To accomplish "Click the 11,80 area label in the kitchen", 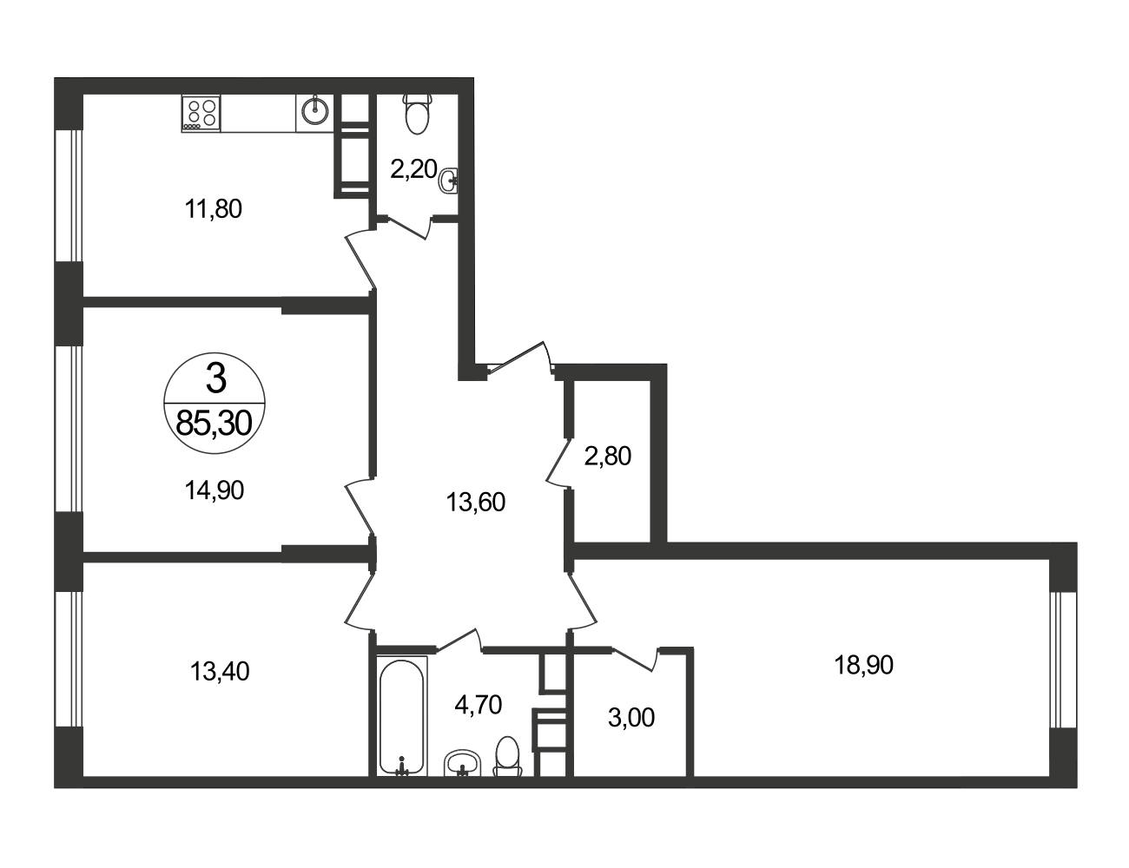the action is (213, 209).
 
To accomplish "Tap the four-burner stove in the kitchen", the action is (201, 113).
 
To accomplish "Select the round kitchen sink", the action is (315, 110).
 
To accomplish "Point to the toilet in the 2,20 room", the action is (418, 113).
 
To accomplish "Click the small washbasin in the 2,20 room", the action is (449, 181).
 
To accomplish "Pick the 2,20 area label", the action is (413, 169).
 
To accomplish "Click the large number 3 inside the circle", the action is (216, 378).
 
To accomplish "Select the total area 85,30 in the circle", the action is (214, 423).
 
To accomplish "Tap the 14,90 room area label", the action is (214, 490).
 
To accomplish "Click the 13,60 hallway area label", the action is (475, 503).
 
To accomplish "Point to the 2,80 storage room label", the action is (607, 457).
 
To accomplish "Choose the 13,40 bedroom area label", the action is (220, 671).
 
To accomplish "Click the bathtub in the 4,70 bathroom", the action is (401, 716).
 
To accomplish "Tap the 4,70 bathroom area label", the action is (478, 705).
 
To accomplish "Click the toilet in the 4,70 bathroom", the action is (507, 757).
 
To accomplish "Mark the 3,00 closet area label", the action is (631, 718).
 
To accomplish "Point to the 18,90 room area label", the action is (863, 665).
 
